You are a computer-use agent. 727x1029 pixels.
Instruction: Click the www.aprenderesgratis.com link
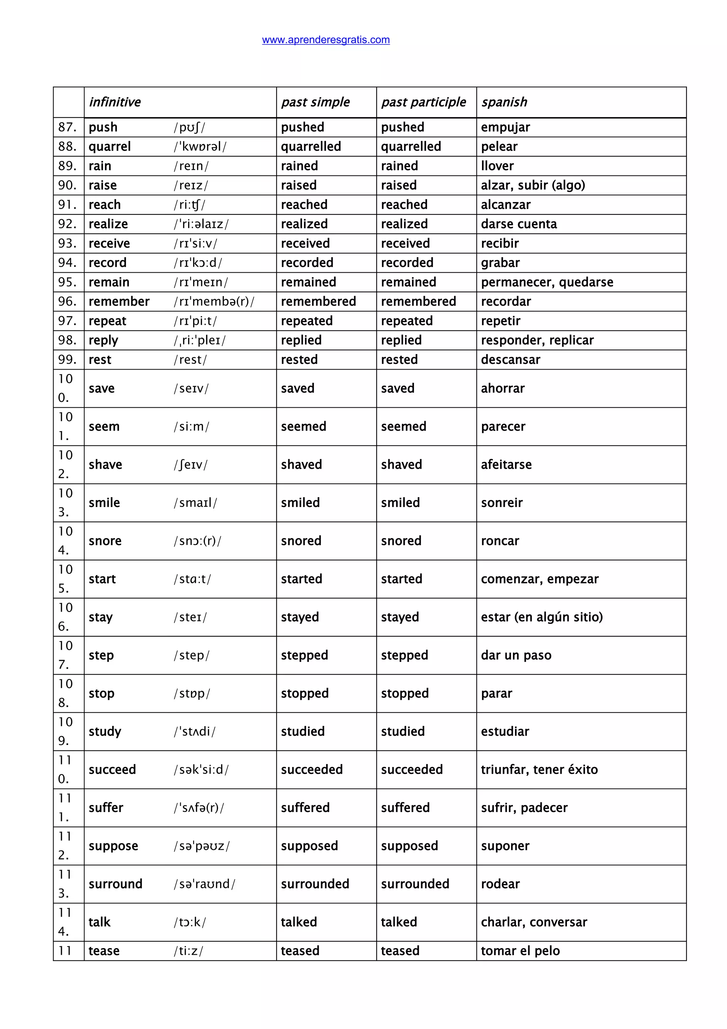point(326,40)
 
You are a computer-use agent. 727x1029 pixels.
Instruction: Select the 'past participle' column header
point(423,102)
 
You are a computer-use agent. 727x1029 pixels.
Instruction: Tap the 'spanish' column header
point(504,102)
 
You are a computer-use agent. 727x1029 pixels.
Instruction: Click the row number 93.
point(67,243)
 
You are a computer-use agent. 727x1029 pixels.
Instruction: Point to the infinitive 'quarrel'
point(110,147)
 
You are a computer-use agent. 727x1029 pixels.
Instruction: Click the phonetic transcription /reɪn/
point(191,166)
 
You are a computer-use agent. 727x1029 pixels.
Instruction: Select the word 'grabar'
point(500,263)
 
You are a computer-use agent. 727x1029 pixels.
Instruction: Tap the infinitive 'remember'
point(119,301)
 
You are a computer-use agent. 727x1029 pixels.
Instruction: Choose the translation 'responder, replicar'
point(537,340)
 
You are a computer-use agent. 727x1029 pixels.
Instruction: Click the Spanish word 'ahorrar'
point(503,388)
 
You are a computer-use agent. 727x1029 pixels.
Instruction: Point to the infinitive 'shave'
point(105,464)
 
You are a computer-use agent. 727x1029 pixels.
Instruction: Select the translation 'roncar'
point(500,541)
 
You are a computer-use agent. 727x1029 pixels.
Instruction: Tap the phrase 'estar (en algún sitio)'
point(542,617)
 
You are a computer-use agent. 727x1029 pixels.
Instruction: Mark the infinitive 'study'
point(105,731)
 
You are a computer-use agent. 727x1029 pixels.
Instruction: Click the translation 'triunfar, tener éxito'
point(539,769)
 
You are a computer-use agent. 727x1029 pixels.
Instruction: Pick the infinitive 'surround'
point(115,884)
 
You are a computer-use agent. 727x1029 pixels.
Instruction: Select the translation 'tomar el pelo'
point(520,951)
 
